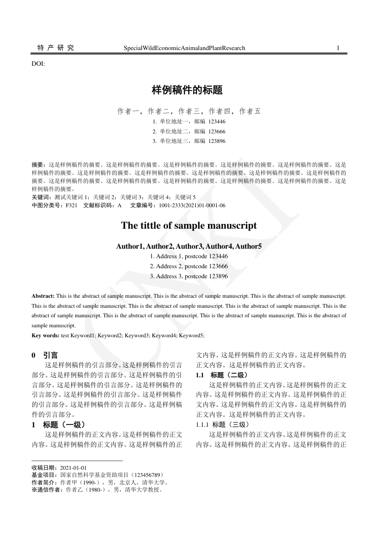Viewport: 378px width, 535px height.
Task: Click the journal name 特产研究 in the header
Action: coord(56,48)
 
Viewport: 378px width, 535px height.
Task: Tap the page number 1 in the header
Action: coord(338,48)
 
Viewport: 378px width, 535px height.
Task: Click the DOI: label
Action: coord(38,63)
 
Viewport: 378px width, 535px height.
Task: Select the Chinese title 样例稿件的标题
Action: coord(187,90)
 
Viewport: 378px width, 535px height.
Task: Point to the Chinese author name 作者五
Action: coord(250,111)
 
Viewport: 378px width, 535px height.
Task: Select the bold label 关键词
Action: coord(40,197)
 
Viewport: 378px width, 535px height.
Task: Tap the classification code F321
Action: coord(71,205)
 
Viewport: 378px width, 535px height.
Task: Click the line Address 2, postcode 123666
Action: coord(189,267)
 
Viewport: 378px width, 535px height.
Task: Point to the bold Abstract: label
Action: coord(43,296)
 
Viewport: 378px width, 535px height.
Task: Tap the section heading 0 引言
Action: coord(45,355)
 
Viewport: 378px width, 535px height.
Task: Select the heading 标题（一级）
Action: coord(64,424)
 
